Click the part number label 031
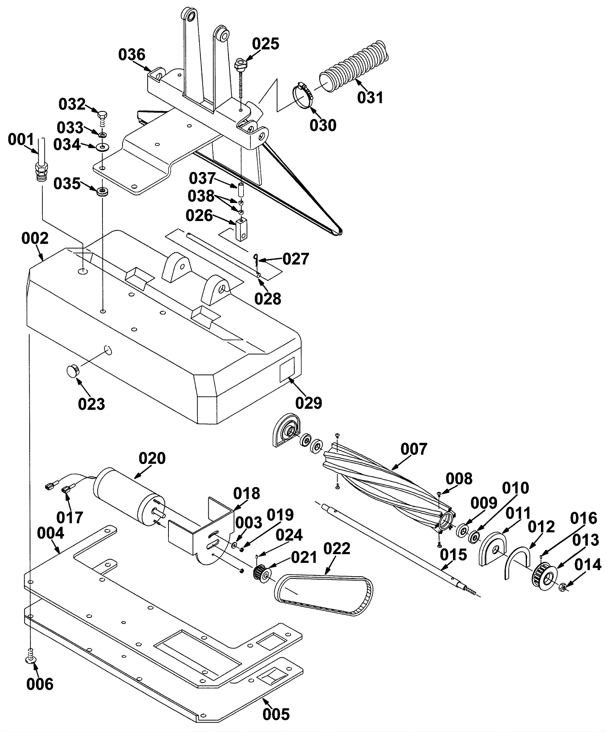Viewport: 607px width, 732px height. coord(370,97)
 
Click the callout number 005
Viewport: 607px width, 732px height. coord(276,714)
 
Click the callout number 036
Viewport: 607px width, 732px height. coord(132,55)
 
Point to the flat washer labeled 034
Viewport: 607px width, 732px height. coord(102,147)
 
